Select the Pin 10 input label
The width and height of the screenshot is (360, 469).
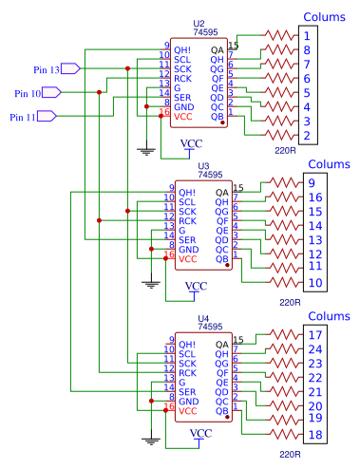(28, 93)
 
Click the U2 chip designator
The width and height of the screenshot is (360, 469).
(198, 23)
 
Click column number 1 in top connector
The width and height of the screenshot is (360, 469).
(308, 35)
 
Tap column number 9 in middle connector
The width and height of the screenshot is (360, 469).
(312, 183)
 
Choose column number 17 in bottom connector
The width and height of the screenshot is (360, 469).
(315, 335)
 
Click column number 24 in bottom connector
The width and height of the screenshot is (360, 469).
(315, 349)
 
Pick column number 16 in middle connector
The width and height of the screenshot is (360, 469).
(315, 197)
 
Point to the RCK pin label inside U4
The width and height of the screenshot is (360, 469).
(186, 373)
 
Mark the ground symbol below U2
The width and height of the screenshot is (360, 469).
(145, 148)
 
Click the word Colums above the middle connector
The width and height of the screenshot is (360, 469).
(328, 164)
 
